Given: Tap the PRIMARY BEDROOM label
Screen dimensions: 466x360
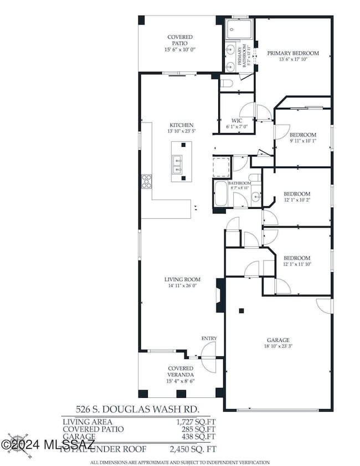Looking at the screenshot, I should click(x=293, y=53).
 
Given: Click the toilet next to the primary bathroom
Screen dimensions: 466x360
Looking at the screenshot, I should click(x=225, y=84).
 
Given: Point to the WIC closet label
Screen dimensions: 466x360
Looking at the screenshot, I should click(x=236, y=120).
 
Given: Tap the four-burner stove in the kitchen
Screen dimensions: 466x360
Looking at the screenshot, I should click(x=147, y=181).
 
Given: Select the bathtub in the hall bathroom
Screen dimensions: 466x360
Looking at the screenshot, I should click(x=220, y=194).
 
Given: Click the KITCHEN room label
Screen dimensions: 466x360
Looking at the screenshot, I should click(x=182, y=125).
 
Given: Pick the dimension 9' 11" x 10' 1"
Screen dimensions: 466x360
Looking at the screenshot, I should click(x=302, y=141).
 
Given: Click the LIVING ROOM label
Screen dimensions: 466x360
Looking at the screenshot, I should click(x=182, y=279).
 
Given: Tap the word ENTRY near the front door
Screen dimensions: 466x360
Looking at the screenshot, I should click(x=209, y=339).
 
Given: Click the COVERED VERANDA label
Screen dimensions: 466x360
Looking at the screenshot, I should click(x=181, y=371).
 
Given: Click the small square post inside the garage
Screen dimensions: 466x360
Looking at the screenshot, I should click(x=240, y=310).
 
